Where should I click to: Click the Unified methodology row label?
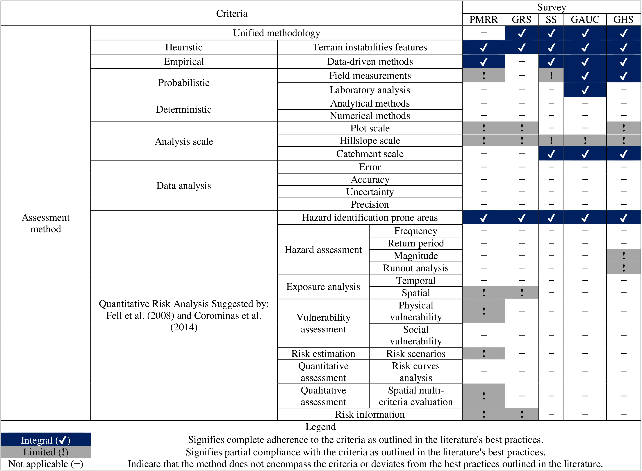276,33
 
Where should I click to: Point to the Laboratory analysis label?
370,90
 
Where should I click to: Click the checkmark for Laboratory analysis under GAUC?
585,90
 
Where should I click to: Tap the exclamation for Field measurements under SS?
551,75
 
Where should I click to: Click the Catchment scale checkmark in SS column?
551,154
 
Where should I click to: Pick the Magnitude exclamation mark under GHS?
623,255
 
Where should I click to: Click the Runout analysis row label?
415,268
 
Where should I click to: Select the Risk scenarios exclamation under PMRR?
484,354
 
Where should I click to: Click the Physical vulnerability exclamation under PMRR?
484,311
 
